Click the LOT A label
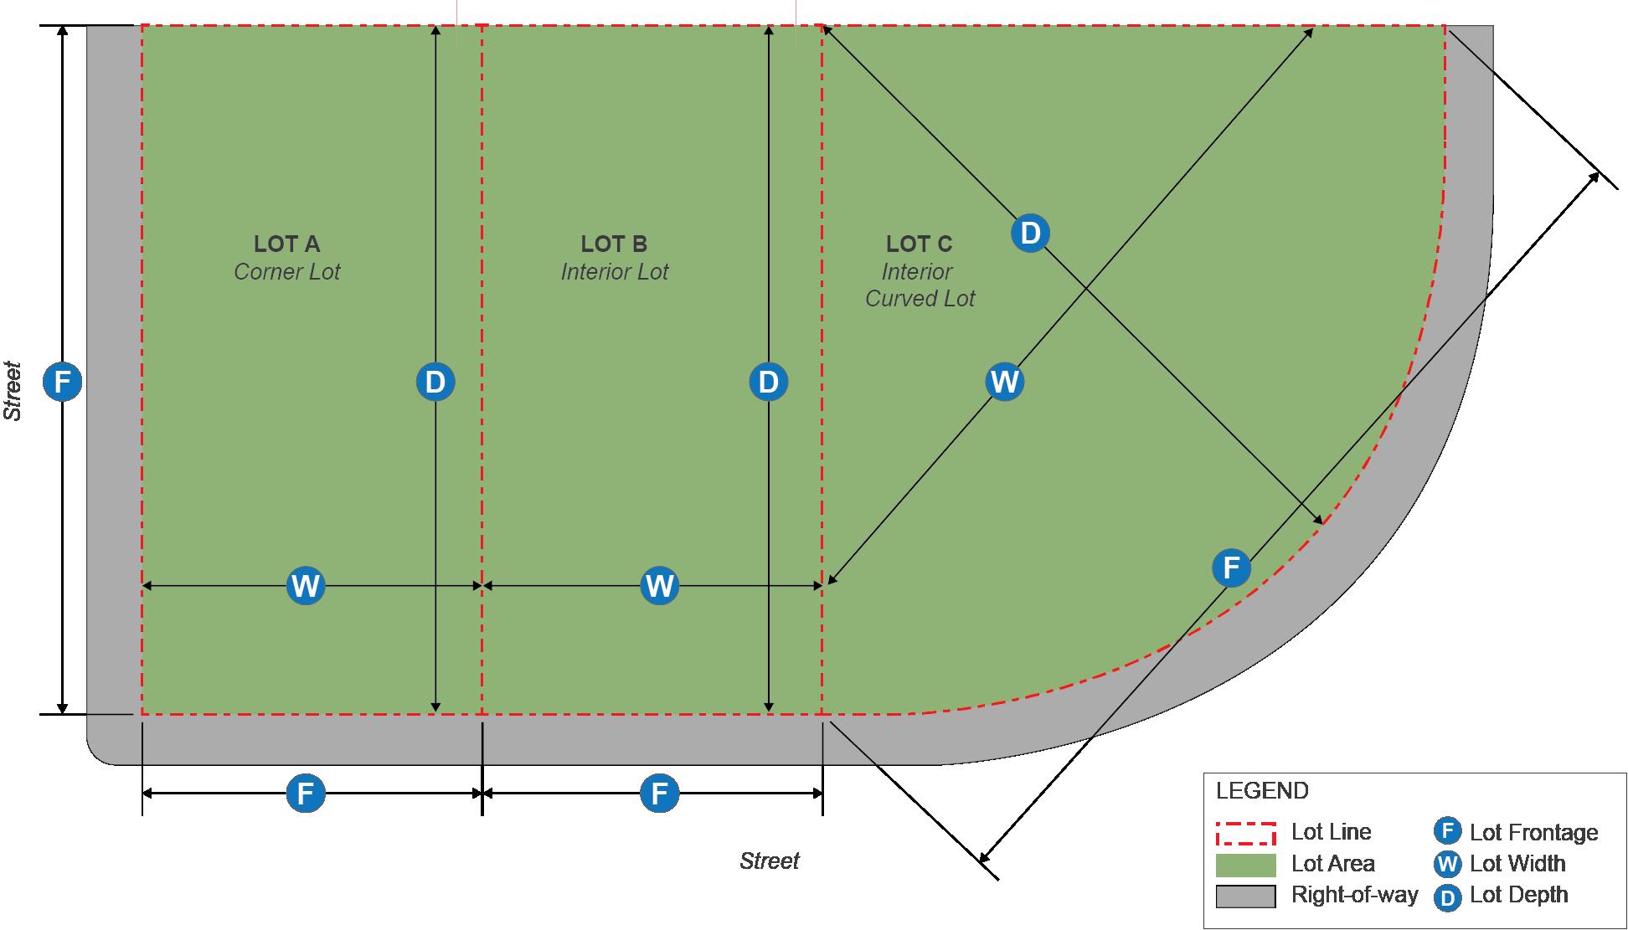click(x=286, y=244)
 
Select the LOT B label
click(x=614, y=244)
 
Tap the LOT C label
click(x=919, y=244)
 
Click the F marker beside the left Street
click(x=63, y=383)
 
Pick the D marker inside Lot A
click(x=435, y=383)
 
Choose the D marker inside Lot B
click(x=769, y=383)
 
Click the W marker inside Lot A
click(x=306, y=585)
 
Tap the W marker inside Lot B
click(x=660, y=585)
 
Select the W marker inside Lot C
click(x=1004, y=382)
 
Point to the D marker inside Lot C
click(x=1030, y=233)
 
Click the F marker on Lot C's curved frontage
click(x=1231, y=568)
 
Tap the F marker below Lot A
click(x=306, y=793)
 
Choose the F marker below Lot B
click(x=660, y=793)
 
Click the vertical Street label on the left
click(x=13, y=391)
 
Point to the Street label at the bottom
click(x=769, y=861)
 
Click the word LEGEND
click(x=1261, y=791)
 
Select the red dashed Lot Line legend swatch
click(x=1245, y=833)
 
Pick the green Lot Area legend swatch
click(x=1245, y=865)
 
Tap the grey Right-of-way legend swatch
click(x=1245, y=896)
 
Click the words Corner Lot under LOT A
click(x=286, y=272)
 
